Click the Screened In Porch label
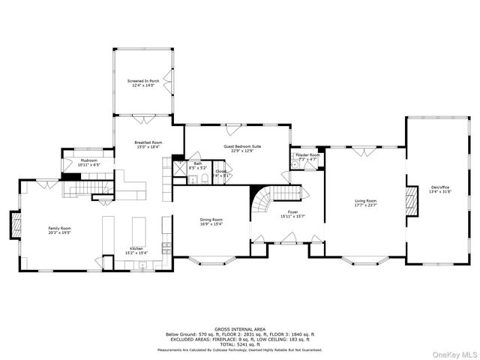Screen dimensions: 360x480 (142, 81)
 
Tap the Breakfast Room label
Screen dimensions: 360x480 (148, 142)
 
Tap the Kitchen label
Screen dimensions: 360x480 (136, 247)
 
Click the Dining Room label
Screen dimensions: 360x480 (211, 219)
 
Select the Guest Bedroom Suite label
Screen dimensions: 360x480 (242, 146)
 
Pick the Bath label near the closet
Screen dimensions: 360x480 (198, 163)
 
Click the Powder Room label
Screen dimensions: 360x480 (308, 155)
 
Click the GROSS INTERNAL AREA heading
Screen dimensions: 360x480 (240, 328)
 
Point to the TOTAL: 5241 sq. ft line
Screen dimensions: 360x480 (240, 344)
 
